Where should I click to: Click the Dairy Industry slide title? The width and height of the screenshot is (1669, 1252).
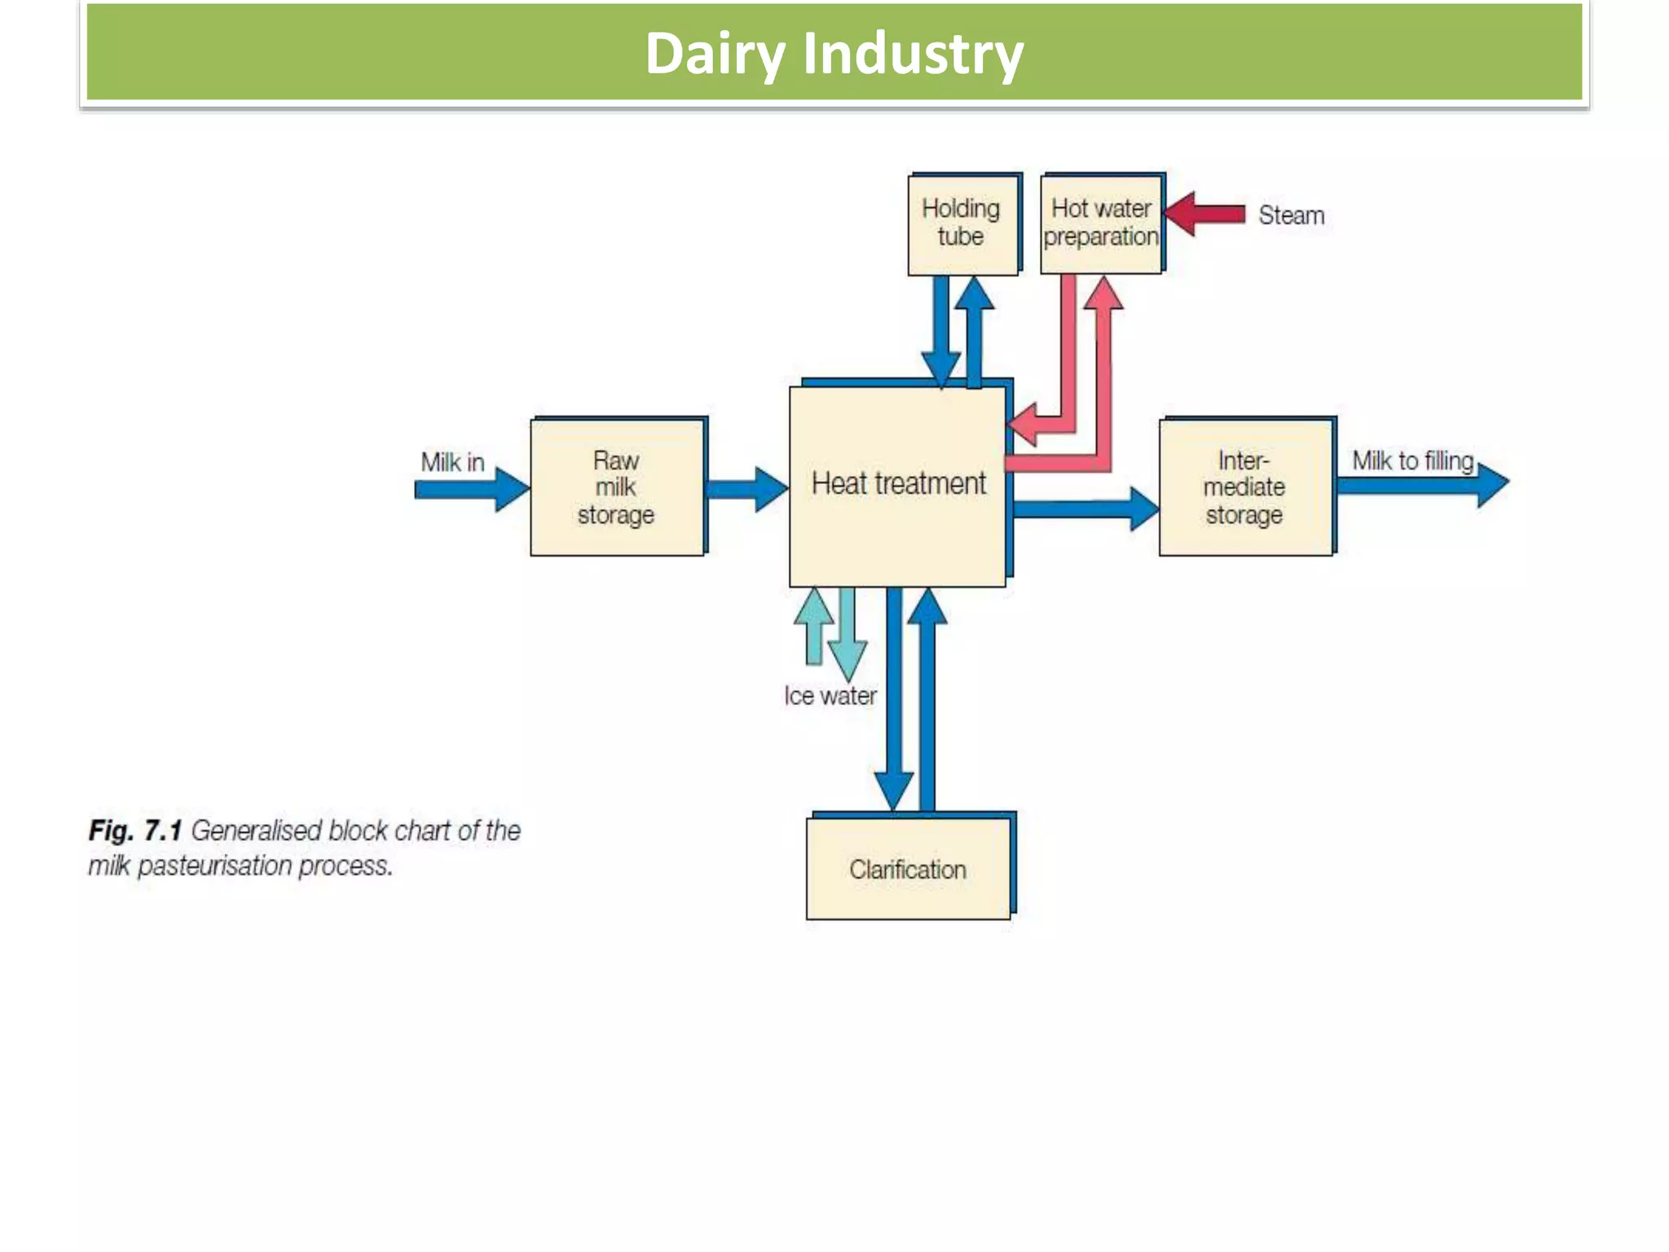(x=834, y=54)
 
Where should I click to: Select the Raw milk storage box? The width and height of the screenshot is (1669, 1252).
(x=616, y=487)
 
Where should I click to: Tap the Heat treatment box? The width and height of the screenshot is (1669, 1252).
(x=897, y=485)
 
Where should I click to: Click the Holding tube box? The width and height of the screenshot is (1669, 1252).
(x=962, y=223)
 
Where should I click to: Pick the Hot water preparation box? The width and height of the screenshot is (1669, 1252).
(x=1100, y=223)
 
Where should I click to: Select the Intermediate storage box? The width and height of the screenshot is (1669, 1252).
(x=1244, y=487)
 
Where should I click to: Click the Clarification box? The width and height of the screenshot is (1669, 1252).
(x=908, y=869)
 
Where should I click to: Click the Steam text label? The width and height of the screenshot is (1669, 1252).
(x=1291, y=215)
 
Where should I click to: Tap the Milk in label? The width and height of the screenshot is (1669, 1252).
(x=452, y=462)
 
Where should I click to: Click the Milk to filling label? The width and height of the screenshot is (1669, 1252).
(x=1412, y=461)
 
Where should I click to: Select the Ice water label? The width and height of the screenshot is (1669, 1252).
(x=830, y=695)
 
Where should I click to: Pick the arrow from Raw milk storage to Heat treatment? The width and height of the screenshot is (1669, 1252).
(x=746, y=489)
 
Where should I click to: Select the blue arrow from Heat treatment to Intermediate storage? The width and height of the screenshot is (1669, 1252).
(x=1084, y=509)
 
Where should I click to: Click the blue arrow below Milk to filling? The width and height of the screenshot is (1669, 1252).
(x=1422, y=485)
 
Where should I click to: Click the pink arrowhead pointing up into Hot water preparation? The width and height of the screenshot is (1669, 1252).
(x=1103, y=293)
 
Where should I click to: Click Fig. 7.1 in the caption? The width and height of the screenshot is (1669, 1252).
(x=134, y=831)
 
